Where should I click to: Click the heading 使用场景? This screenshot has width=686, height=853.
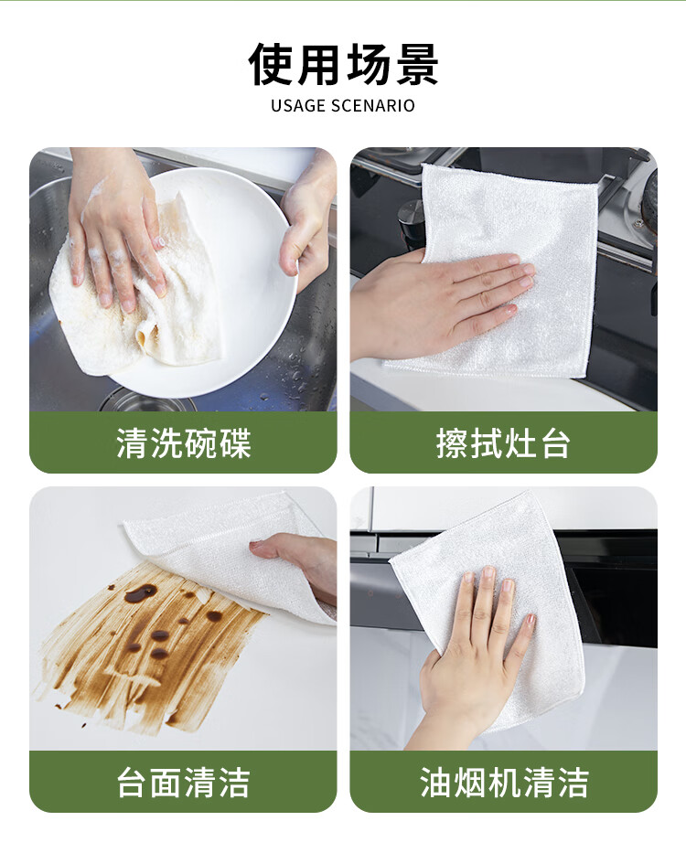click(x=343, y=64)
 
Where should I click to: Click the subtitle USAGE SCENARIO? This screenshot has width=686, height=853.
click(x=343, y=105)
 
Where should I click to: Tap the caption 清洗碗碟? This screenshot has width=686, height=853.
click(x=184, y=442)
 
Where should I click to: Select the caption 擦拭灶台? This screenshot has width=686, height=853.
click(x=503, y=442)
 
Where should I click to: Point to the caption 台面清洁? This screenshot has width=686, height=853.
click(x=184, y=783)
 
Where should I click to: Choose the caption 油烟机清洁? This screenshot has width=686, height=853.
click(x=504, y=783)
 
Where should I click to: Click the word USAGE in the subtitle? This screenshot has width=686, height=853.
click(x=298, y=105)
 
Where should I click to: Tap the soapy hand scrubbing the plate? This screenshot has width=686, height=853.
click(x=116, y=229)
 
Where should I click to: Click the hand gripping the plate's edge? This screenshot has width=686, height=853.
click(x=306, y=229)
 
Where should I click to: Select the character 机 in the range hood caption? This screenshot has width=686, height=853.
click(x=504, y=783)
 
